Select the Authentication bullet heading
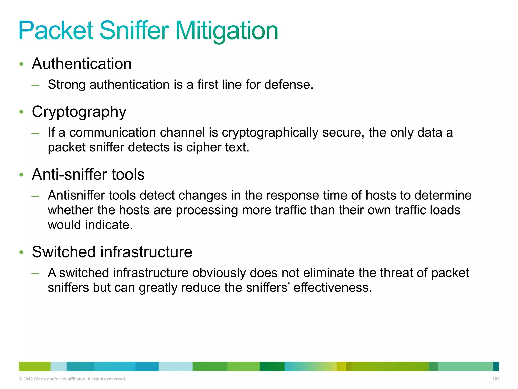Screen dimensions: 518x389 click(82, 64)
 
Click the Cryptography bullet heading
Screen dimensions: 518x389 click(79, 112)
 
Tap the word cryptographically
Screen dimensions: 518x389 click(270, 133)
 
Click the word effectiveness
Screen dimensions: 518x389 click(332, 288)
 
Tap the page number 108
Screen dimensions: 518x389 click(496, 379)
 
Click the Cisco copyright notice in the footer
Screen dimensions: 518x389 click(72, 379)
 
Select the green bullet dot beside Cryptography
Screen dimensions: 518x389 click(21, 112)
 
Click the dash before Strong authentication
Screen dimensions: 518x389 click(35, 85)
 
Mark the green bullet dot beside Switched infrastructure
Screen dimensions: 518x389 click(21, 252)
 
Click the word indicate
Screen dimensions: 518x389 click(109, 225)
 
